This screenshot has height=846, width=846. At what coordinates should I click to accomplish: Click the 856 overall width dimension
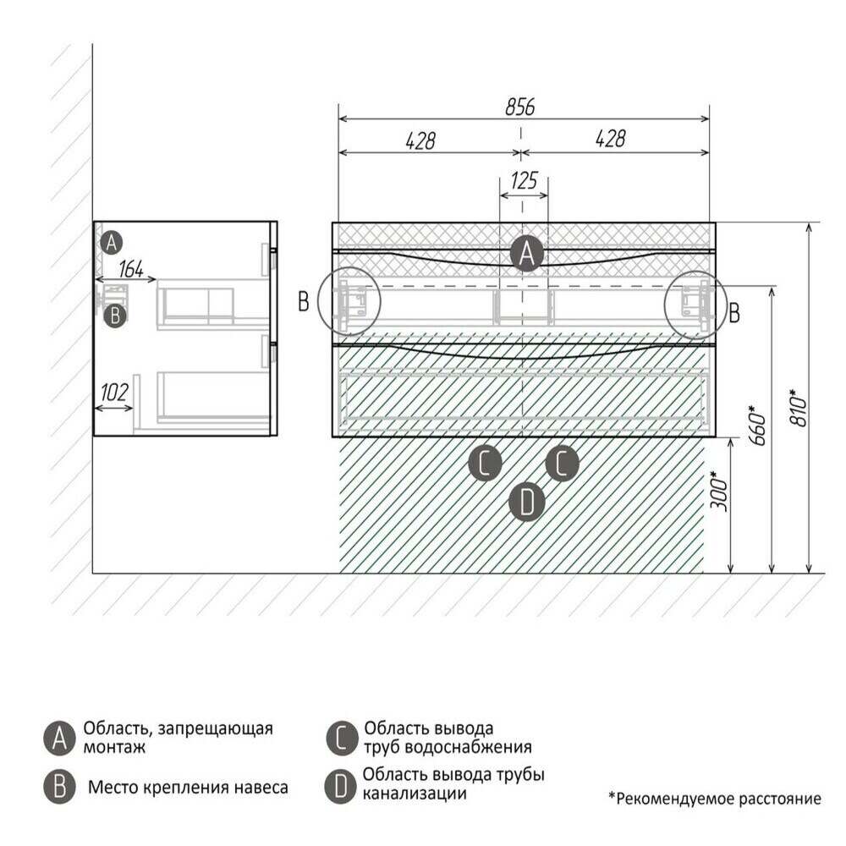pos(519,107)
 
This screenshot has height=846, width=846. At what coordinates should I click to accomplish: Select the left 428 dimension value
pos(420,140)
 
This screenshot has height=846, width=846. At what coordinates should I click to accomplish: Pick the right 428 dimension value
pos(610,139)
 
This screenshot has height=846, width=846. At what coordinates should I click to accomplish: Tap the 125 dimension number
pos(524,180)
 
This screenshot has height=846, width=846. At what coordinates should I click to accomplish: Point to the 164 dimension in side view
pos(131,269)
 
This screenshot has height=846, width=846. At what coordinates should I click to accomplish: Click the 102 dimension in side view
pos(114,393)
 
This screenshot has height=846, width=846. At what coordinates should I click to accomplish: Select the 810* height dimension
pos(799,408)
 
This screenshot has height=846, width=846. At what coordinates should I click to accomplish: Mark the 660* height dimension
pos(757,426)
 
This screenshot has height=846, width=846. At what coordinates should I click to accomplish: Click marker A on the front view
pos(526,254)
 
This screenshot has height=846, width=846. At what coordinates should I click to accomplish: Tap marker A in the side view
pos(111,243)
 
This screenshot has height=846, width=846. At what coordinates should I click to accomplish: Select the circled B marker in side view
pos(115,316)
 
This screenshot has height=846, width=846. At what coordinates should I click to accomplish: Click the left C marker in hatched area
pos(485,463)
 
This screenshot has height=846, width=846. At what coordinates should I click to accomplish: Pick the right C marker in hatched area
pos(563,463)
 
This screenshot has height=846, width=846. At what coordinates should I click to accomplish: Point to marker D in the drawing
pos(526,503)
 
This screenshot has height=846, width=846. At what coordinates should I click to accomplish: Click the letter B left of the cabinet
pos(304,302)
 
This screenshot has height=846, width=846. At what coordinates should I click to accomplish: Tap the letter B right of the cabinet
pos(733,313)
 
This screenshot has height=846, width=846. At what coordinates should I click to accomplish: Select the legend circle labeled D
pos(341,786)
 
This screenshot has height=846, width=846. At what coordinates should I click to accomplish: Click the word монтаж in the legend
pos(114,748)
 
